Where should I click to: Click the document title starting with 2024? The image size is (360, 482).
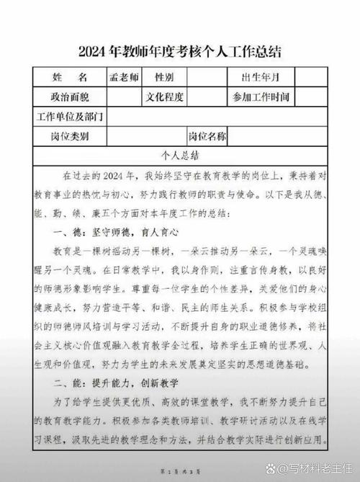click(180, 52)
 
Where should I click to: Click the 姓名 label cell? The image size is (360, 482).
click(70, 76)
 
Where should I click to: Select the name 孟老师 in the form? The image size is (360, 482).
click(122, 76)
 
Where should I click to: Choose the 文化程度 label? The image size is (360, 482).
click(166, 96)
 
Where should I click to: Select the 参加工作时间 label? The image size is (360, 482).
click(261, 97)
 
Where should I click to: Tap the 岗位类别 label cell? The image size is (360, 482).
click(70, 135)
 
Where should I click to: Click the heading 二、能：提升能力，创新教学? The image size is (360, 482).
click(115, 382)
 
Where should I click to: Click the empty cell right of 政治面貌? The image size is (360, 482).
click(122, 96)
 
